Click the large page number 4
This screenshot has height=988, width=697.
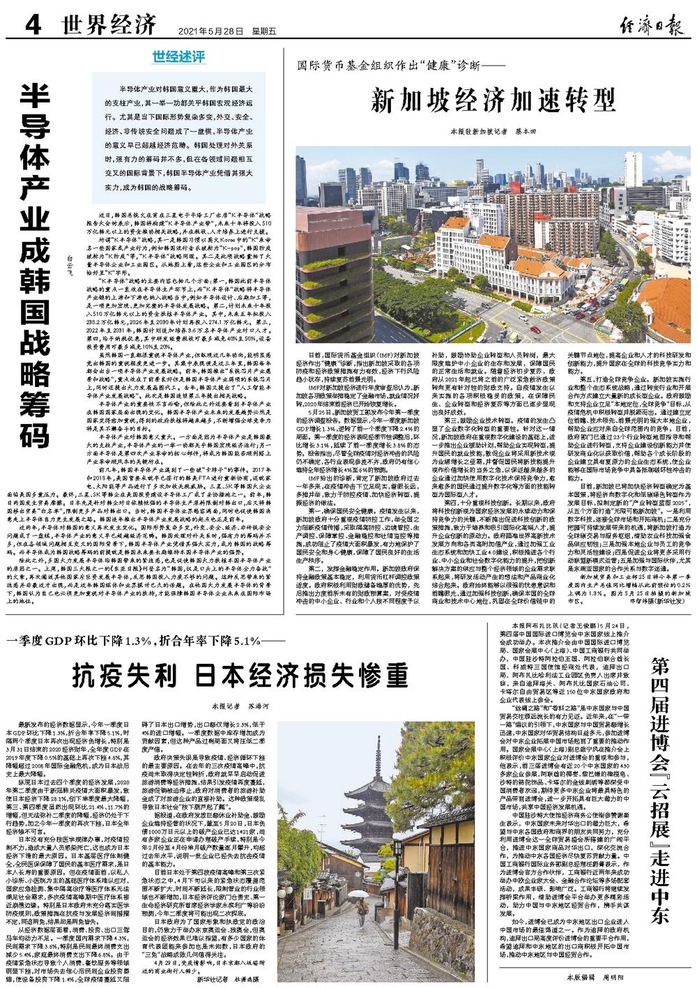[x=31, y=26]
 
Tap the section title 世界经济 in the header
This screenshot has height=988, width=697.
[x=107, y=27]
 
